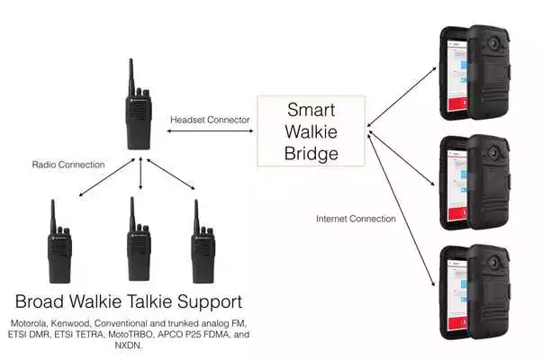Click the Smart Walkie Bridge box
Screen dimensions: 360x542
point(312,132)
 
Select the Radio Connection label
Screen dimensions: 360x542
point(68,166)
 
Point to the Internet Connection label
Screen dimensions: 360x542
point(356,219)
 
